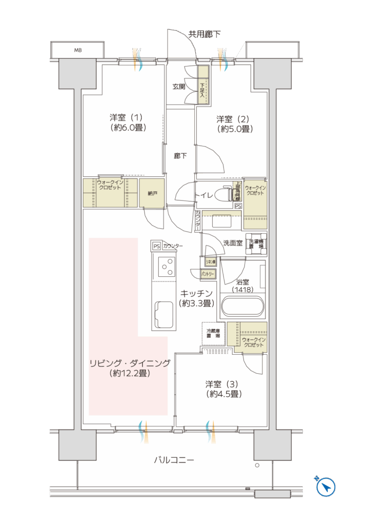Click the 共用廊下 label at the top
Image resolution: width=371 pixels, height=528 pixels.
click(x=204, y=35)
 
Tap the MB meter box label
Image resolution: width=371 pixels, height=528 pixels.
click(x=78, y=51)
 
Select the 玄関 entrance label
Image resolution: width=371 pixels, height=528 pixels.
click(x=179, y=87)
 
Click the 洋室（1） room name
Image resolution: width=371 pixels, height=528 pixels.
click(x=126, y=117)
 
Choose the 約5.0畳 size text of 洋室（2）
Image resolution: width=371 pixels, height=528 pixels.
click(x=234, y=129)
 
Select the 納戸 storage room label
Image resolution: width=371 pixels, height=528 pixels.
click(x=152, y=193)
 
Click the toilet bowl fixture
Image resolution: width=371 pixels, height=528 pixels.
click(x=222, y=194)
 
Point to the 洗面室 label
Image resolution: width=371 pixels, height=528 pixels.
click(x=233, y=242)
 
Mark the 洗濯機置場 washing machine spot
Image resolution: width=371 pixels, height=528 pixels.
click(x=256, y=244)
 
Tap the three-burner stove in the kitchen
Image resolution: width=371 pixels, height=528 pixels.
click(x=165, y=267)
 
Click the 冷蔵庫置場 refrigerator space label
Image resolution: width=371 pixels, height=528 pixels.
click(x=213, y=333)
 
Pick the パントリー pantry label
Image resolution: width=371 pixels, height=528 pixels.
click(x=208, y=273)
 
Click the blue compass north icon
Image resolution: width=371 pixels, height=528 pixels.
click(x=326, y=486)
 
